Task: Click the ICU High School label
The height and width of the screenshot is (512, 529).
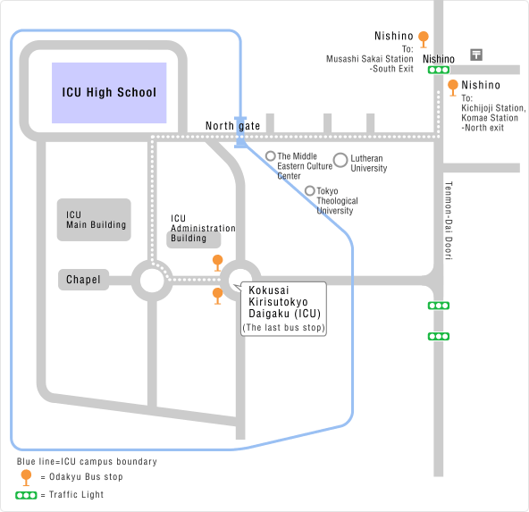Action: [109, 92]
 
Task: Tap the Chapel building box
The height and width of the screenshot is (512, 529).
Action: [83, 280]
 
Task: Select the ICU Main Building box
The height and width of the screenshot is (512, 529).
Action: [94, 220]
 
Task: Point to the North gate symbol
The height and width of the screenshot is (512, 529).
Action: [240, 132]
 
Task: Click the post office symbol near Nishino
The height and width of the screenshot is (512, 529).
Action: [476, 55]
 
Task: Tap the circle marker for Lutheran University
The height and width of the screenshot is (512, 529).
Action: [340, 160]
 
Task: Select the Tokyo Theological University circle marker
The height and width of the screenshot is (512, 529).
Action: [310, 191]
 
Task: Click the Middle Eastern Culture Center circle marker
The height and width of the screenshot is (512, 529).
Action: [271, 155]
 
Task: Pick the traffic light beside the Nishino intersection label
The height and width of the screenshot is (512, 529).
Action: [439, 70]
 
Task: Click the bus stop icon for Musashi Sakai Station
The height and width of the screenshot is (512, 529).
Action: [424, 39]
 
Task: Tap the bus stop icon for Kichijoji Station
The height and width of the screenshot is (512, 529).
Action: [453, 88]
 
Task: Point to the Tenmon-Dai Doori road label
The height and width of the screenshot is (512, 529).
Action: [449, 221]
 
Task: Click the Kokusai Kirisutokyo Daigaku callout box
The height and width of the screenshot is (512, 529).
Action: [283, 309]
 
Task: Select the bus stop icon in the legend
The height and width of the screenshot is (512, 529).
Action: [26, 477]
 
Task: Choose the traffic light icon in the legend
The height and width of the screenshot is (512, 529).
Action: [26, 495]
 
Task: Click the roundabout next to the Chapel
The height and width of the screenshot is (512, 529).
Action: [152, 281]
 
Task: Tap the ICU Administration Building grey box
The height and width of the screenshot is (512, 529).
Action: [194, 239]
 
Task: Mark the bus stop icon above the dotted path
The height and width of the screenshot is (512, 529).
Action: [218, 263]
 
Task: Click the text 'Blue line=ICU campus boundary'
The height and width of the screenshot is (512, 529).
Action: [87, 461]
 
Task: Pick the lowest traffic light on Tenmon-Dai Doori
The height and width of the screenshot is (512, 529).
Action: [439, 336]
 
